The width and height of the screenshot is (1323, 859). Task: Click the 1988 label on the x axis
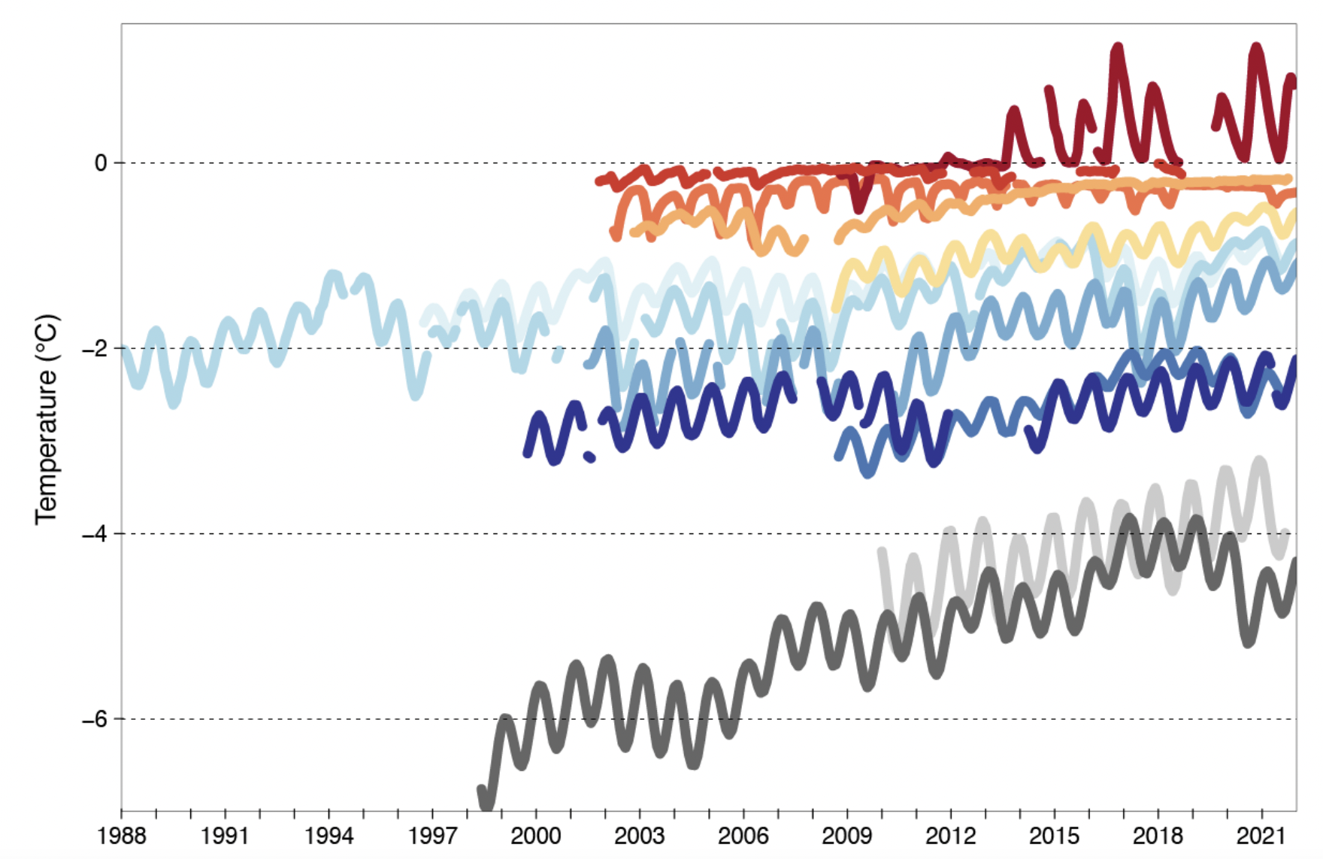coord(121,836)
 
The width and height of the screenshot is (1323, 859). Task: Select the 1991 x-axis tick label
coord(225,836)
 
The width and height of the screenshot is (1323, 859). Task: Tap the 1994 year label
coord(328,836)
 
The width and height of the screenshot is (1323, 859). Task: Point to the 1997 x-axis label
coord(432,836)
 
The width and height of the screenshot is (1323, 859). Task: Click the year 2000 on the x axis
coord(536,836)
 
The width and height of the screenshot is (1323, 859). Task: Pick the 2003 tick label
coord(640,836)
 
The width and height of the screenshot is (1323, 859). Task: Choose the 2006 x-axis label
coord(743,836)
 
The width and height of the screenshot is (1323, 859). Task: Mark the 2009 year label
coord(847,836)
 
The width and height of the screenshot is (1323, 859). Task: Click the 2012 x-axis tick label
coord(951,836)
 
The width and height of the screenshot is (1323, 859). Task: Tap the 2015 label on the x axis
coord(1055,836)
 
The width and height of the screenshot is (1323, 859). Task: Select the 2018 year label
coord(1158,836)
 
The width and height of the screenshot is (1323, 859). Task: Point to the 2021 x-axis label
coord(1262,836)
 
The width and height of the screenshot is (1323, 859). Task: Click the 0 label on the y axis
coord(101,163)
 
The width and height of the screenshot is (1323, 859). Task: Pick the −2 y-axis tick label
coord(95,349)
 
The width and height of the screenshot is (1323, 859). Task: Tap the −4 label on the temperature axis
coord(95,534)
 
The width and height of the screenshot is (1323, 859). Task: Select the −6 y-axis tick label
coord(95,720)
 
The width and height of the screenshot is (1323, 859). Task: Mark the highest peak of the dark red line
coord(1117,50)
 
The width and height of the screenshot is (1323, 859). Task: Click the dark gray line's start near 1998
coord(483,791)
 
